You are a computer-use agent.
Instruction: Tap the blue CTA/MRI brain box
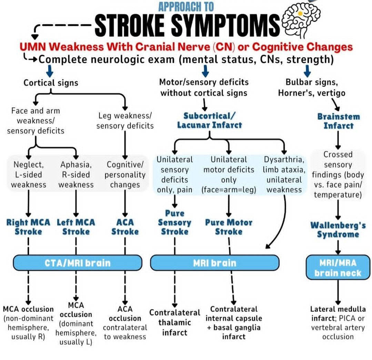78,263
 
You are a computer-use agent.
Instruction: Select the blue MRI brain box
214,263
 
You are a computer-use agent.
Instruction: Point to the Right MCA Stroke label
28,227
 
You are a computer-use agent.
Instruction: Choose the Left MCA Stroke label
76,227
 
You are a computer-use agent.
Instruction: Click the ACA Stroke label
125,227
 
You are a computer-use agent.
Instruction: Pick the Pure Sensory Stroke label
175,222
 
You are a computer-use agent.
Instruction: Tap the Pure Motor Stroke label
229,227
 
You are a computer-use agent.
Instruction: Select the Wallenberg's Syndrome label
338,230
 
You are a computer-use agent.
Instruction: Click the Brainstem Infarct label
338,121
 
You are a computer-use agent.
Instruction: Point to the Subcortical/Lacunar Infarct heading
209,120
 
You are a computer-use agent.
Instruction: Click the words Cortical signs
51,83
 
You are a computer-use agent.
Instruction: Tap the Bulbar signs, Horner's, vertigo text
315,88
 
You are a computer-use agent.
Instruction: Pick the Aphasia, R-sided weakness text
76,174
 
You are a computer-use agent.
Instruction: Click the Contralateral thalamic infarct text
174,322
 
